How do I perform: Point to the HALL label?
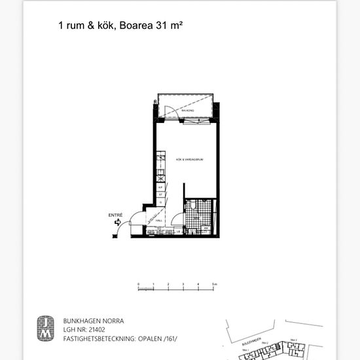pyautogui.click(x=160, y=221)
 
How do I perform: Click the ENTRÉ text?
pyautogui.click(x=115, y=215)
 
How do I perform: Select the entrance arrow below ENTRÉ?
pyautogui.click(x=117, y=223)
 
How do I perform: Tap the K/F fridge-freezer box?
pyautogui.click(x=160, y=187)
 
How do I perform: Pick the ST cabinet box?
pyautogui.click(x=160, y=194)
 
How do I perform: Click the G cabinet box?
pyautogui.click(x=160, y=202)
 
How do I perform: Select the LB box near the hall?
pyautogui.click(x=177, y=230)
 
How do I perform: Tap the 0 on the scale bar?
pyautogui.click(x=139, y=284)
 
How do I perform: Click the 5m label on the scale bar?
pyautogui.click(x=215, y=284)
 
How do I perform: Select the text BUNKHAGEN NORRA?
pyautogui.click(x=93, y=321)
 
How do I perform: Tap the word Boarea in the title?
pyautogui.click(x=138, y=26)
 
